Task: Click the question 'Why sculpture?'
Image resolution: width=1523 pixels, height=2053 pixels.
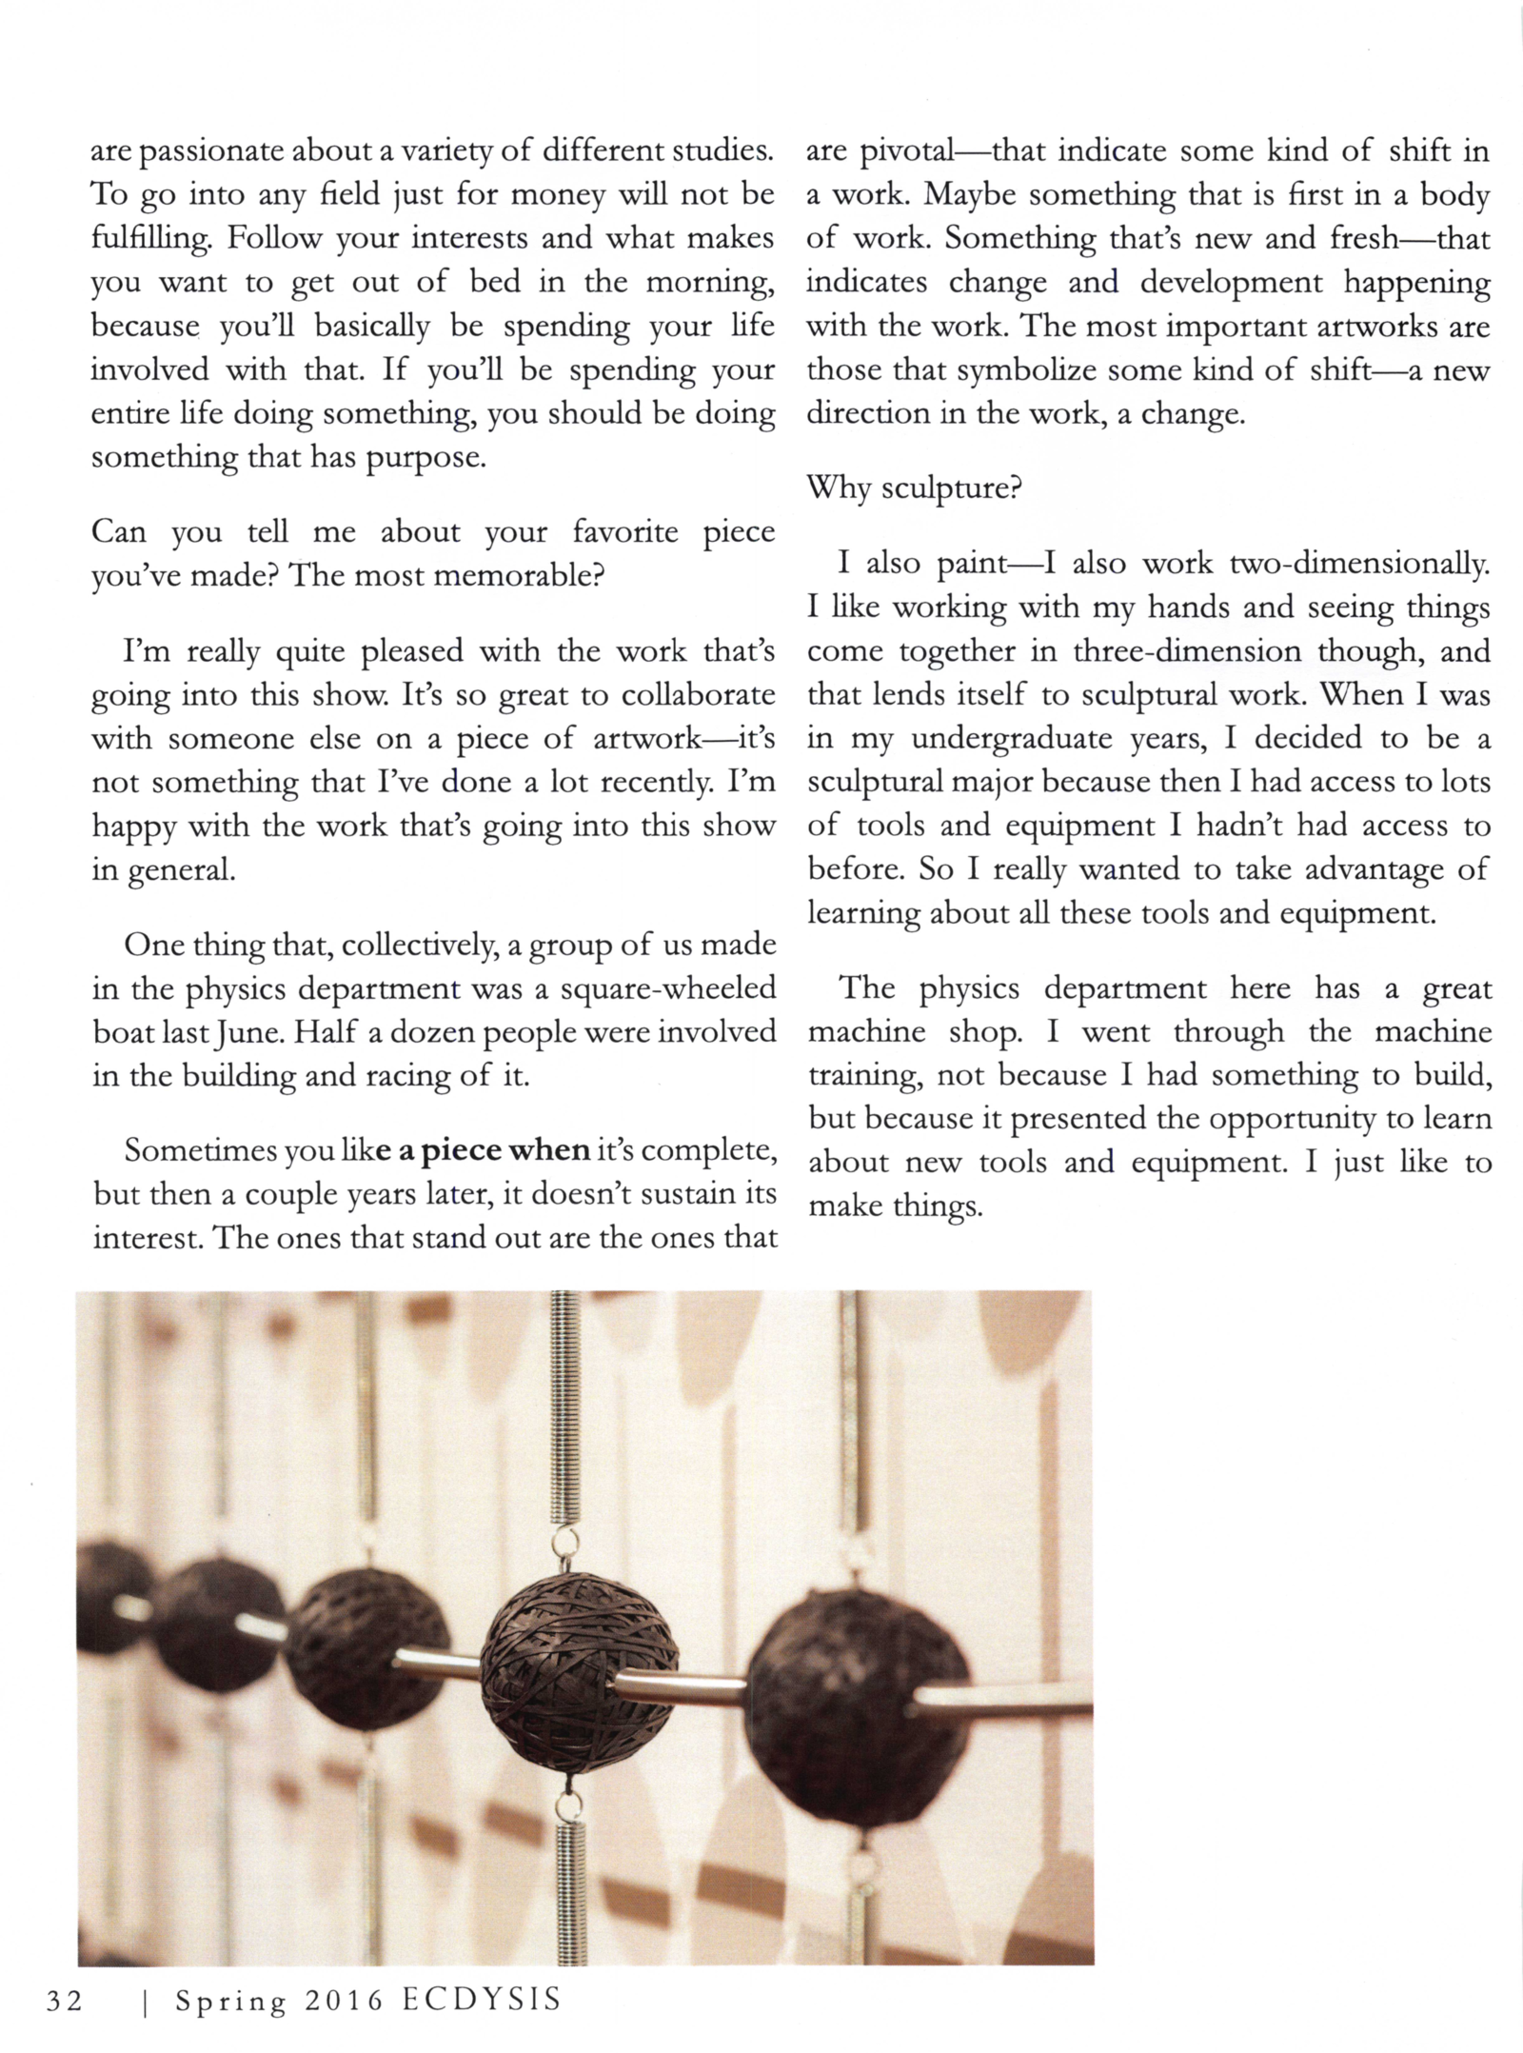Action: coord(914,488)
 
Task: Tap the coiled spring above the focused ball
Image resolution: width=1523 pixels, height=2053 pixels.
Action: coord(566,1409)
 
